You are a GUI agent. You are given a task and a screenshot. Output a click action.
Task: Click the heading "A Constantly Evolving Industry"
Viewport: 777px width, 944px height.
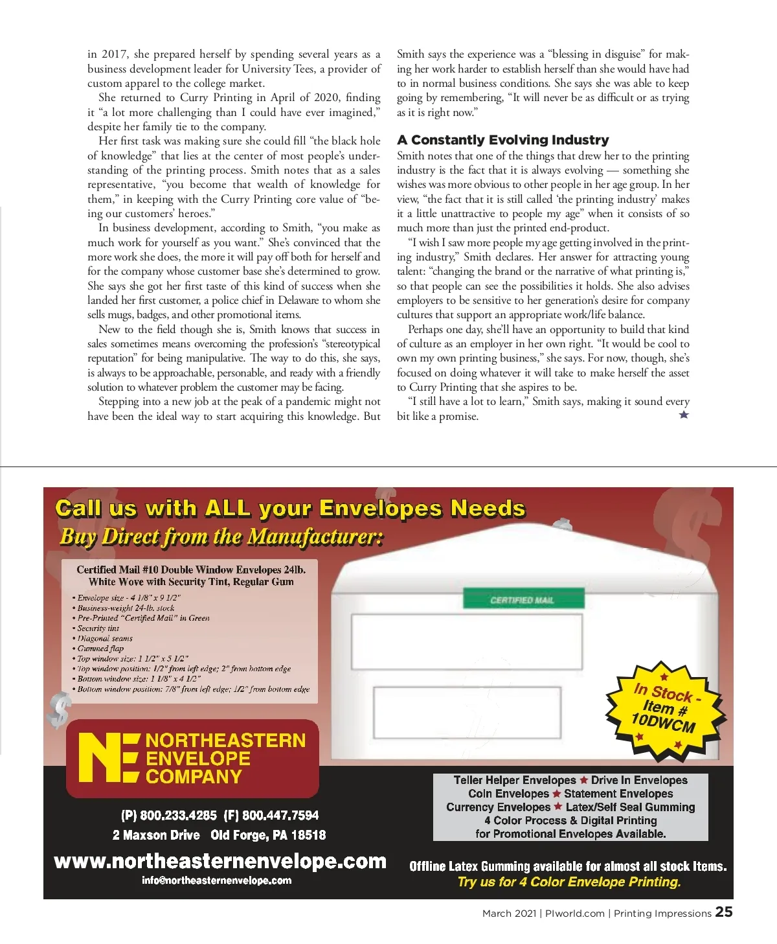coord(503,140)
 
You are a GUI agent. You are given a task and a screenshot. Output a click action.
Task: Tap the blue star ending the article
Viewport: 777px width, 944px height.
coord(684,415)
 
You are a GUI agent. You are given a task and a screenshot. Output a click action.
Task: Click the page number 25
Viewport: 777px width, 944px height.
coord(724,912)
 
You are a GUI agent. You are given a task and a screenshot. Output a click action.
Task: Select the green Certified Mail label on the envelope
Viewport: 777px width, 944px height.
coord(522,600)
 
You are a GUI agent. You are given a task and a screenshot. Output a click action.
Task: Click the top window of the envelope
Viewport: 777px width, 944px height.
coord(466,641)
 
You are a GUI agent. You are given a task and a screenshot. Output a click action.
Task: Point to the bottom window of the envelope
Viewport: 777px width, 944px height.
coord(467,712)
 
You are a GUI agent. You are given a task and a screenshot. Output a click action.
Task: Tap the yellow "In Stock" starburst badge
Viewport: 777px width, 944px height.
coord(664,709)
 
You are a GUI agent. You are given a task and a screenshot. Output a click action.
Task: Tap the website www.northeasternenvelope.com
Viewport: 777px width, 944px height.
coord(220,861)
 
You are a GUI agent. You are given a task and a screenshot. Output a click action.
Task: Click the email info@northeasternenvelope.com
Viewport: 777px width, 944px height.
coord(216,881)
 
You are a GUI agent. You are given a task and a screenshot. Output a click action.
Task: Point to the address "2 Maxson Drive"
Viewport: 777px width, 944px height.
coord(156,835)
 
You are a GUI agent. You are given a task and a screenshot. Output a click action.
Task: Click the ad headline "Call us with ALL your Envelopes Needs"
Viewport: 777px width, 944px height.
coord(290,508)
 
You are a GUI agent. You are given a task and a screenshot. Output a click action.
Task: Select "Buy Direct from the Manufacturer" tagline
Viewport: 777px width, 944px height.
coord(221,536)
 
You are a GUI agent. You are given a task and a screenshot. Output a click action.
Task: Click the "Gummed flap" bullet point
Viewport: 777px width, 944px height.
coord(100,648)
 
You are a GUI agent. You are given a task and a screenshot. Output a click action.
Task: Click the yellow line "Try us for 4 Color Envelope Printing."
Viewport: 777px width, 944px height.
coord(569,882)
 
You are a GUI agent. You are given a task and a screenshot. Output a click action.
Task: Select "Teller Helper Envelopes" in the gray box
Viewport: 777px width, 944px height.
coord(514,780)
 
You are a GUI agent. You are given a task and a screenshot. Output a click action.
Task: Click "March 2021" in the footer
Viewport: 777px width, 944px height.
coord(509,914)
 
